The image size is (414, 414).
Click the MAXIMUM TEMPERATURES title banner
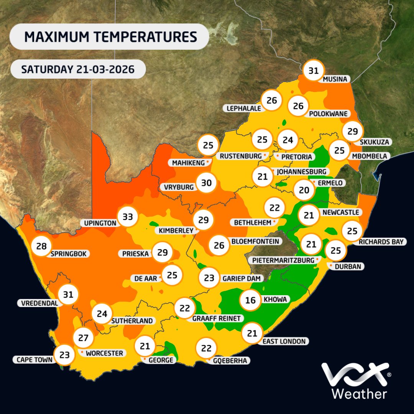tap(110, 37)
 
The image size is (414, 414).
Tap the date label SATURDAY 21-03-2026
tap(78, 69)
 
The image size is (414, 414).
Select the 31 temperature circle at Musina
tap(314, 71)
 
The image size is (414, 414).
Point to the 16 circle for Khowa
tap(250, 300)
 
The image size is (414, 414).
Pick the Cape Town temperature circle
tap(64, 355)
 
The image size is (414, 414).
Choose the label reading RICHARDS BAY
tap(381, 242)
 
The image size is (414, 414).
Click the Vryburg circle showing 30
tap(206, 183)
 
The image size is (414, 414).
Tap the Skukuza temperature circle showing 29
tap(352, 131)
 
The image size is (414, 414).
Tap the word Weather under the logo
tap(359, 394)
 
